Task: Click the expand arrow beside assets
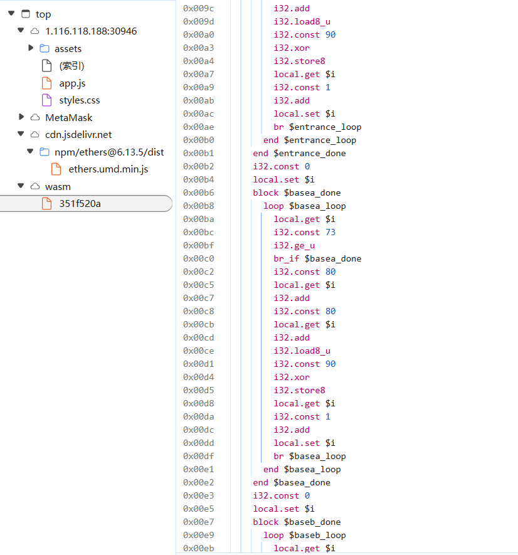coord(31,48)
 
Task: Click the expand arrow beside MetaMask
coord(21,117)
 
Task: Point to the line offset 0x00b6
coord(198,193)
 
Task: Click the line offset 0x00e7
coord(198,522)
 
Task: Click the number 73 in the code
coord(330,232)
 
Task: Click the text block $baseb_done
coord(297,522)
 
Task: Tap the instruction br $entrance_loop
coord(317,127)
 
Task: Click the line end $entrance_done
coord(299,153)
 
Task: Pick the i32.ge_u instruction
coord(294,246)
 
